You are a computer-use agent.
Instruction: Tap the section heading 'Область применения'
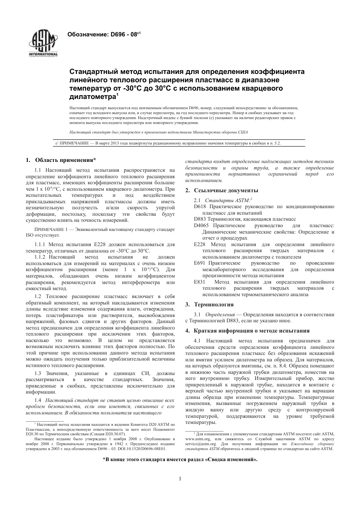click(65, 160)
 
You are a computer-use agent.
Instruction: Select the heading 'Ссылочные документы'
click(226, 190)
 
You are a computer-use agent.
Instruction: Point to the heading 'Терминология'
click(214, 304)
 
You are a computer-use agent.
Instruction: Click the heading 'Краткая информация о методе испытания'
click(252, 331)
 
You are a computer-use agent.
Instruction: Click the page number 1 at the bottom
click(180, 479)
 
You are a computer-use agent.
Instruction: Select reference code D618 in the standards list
click(200, 207)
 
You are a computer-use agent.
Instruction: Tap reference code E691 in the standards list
click(200, 263)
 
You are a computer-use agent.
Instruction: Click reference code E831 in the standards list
click(200, 282)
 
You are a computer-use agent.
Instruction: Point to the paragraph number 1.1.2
click(40, 257)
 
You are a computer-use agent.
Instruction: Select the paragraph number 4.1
click(197, 341)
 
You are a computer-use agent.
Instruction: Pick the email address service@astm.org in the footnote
click(198, 443)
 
